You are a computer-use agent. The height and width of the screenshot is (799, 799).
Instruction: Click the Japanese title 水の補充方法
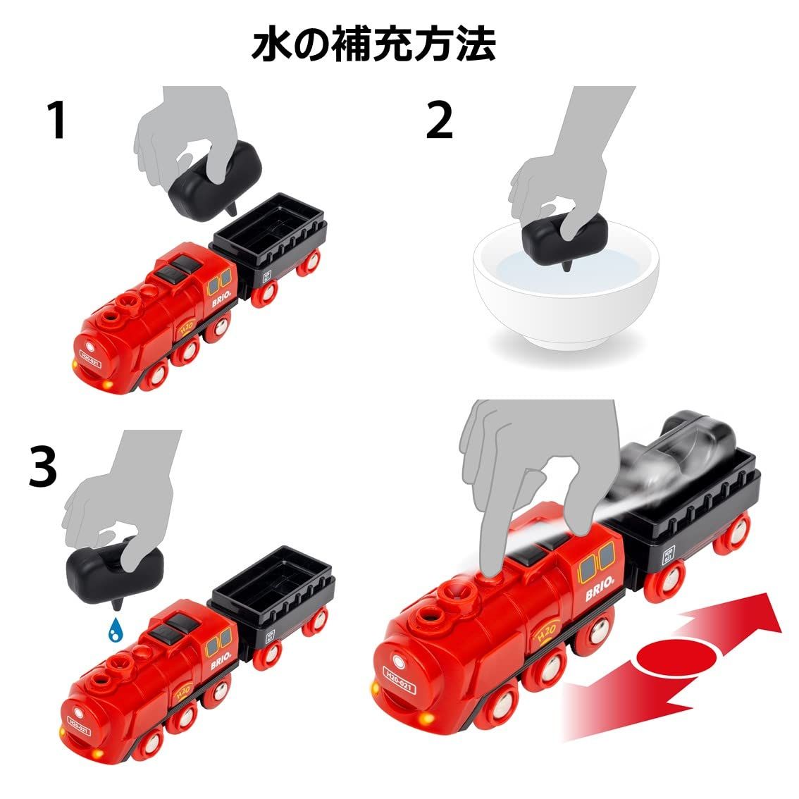[x=373, y=44]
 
